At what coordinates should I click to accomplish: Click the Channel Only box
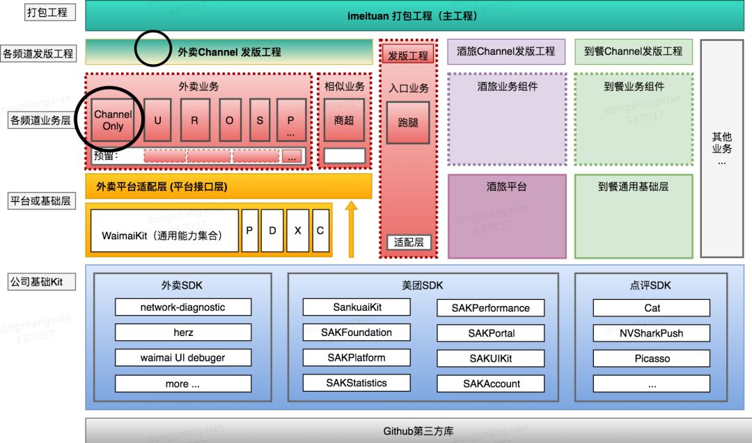(113, 120)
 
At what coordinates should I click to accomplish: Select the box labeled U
(158, 120)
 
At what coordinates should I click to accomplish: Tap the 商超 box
(344, 120)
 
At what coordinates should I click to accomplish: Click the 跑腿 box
(408, 122)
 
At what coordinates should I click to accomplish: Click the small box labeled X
(297, 230)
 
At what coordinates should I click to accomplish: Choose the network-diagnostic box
(183, 307)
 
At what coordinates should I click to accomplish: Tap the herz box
(183, 332)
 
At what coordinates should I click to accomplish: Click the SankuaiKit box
(357, 307)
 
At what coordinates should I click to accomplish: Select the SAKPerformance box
(491, 308)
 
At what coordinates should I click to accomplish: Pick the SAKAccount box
(491, 384)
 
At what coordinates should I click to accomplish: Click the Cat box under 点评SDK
(652, 308)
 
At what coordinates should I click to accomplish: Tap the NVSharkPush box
(652, 333)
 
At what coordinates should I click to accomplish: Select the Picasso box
(652, 359)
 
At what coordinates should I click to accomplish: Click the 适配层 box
(409, 243)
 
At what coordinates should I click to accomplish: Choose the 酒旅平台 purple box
(506, 216)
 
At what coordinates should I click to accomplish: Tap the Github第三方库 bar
(418, 431)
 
